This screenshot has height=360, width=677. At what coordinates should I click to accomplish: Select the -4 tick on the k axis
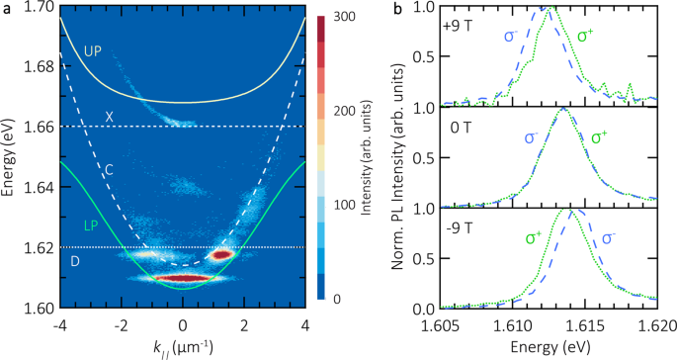coord(59,323)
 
